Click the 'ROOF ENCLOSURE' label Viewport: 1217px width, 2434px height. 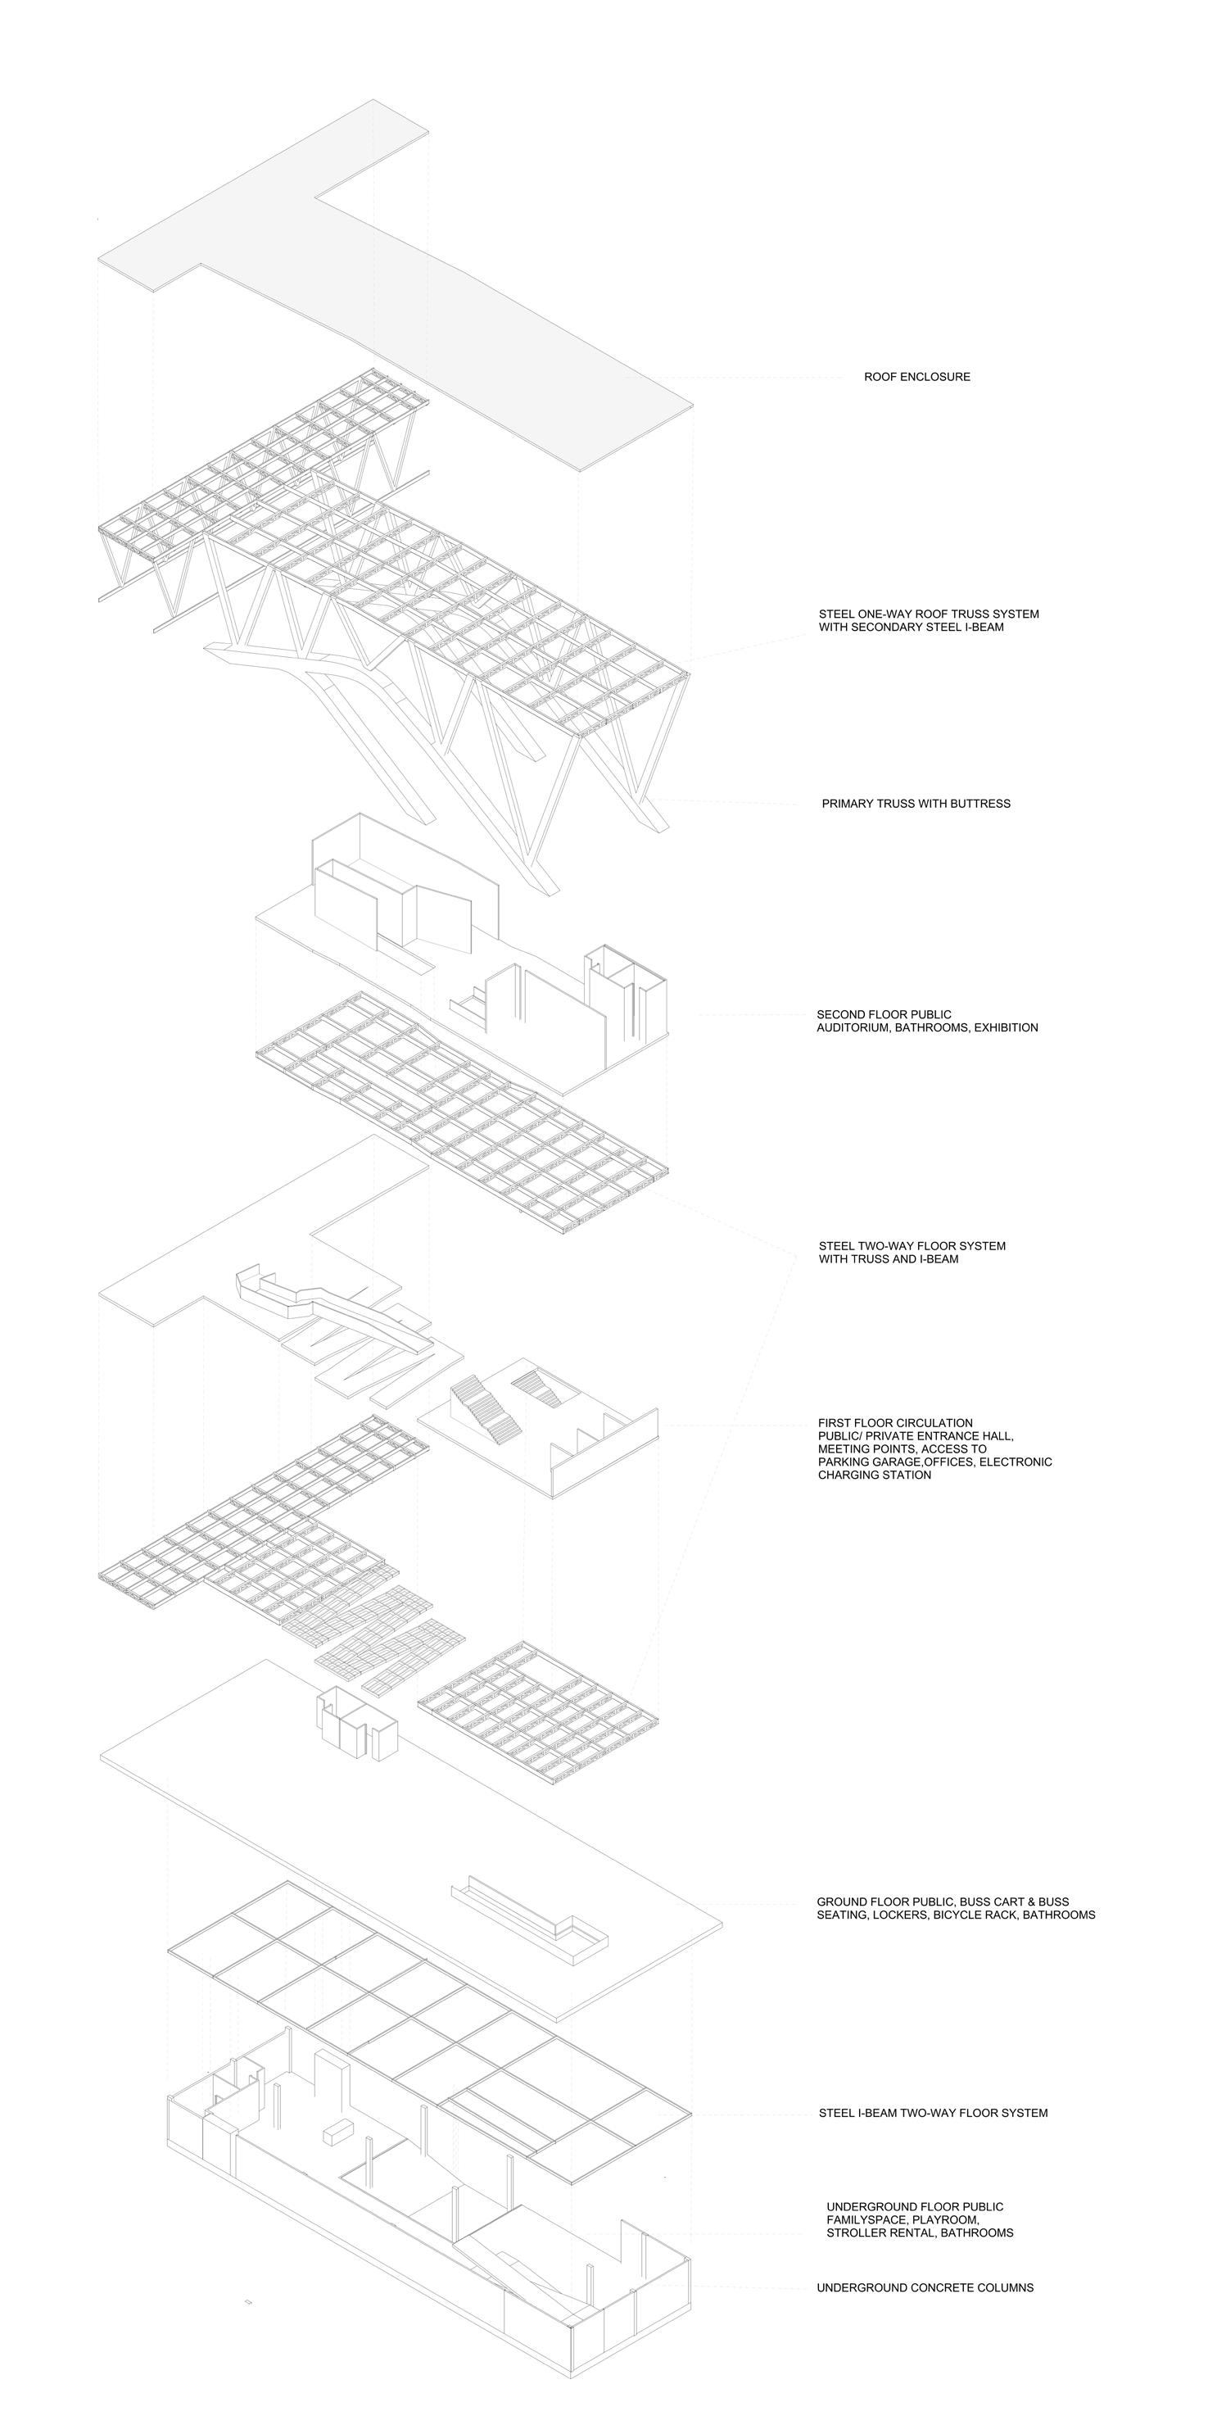(916, 377)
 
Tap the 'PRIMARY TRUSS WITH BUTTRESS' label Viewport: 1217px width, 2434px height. (916, 804)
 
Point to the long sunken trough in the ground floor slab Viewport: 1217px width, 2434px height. (529, 1914)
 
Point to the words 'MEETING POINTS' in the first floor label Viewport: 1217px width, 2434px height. (866, 1448)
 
